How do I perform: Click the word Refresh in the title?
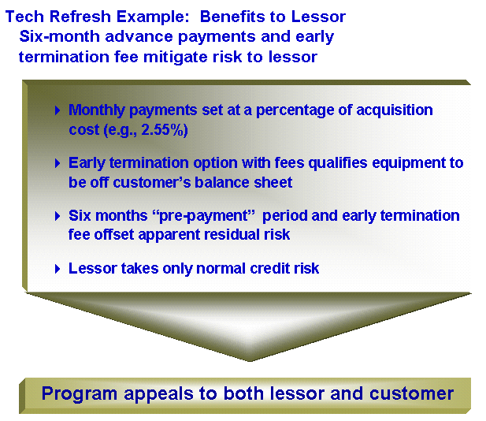click(x=80, y=17)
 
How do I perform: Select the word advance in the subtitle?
click(x=139, y=36)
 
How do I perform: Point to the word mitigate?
click(x=176, y=57)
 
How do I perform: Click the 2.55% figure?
click(x=165, y=129)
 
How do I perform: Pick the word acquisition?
click(x=395, y=110)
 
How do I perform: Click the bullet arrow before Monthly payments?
click(x=58, y=110)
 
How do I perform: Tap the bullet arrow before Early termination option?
click(x=58, y=163)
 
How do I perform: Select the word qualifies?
click(x=338, y=163)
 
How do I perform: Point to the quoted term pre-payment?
click(x=204, y=215)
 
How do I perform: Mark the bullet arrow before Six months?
click(x=58, y=216)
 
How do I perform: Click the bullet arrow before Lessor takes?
click(x=58, y=269)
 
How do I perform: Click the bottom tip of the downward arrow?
click(x=250, y=361)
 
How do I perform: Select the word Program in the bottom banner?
click(x=80, y=394)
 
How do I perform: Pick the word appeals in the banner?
click(x=158, y=394)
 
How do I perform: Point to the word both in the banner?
click(x=243, y=393)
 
